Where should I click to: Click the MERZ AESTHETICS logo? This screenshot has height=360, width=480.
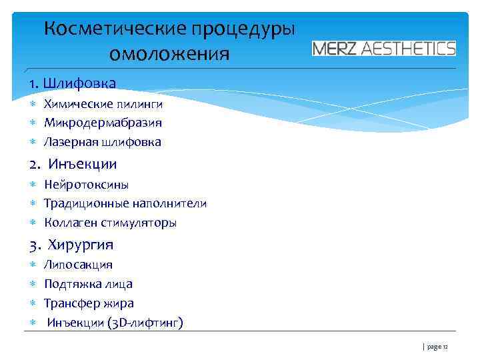click(384, 49)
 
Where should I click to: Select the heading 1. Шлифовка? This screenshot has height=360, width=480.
click(73, 83)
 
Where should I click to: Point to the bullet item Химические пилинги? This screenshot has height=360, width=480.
click(103, 104)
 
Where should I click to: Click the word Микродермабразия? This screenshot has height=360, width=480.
click(103, 123)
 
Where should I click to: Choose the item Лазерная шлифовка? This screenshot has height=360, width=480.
click(103, 142)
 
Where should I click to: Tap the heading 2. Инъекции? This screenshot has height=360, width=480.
click(73, 164)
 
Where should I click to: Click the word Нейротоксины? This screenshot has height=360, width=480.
click(87, 185)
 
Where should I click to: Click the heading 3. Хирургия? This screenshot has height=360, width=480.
click(71, 244)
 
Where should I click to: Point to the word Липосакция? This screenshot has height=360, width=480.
click(78, 265)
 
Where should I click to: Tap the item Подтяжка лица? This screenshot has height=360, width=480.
click(88, 284)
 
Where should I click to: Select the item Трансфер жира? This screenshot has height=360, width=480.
click(89, 303)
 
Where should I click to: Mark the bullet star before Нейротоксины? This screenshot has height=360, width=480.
click(32, 185)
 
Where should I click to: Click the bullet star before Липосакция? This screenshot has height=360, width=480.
click(32, 265)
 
